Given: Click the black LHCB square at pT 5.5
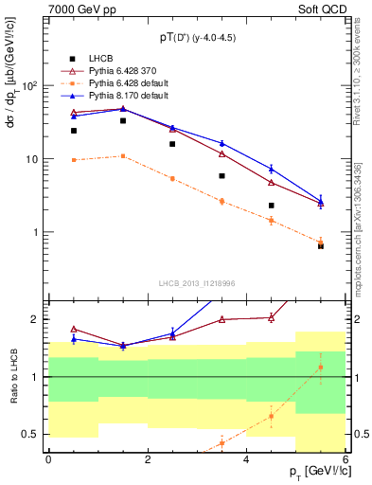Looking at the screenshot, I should click(321, 245).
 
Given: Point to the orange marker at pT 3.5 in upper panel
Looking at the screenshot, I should click(221, 201).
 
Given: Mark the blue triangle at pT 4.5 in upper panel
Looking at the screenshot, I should click(271, 169).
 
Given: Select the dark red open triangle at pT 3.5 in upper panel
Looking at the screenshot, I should click(221, 153).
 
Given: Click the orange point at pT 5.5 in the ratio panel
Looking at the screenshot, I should click(321, 367).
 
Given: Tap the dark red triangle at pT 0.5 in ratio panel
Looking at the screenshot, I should click(74, 329).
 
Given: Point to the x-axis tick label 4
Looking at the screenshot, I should click(247, 459).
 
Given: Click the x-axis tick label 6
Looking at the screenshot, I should click(345, 459).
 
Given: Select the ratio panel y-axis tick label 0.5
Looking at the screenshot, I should click(35, 435).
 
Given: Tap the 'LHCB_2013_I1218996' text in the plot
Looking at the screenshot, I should click(197, 282).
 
